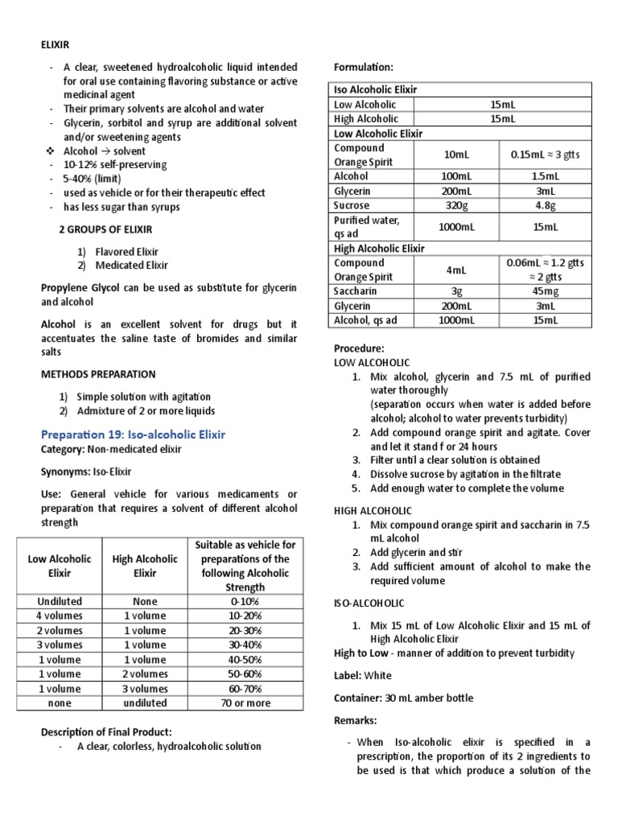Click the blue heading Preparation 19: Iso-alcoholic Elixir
click(x=133, y=434)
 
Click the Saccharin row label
click(x=356, y=291)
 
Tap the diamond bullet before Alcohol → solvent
click(x=50, y=150)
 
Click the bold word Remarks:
click(x=356, y=720)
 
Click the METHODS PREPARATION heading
click(x=98, y=374)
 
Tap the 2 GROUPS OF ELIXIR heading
click(x=106, y=229)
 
